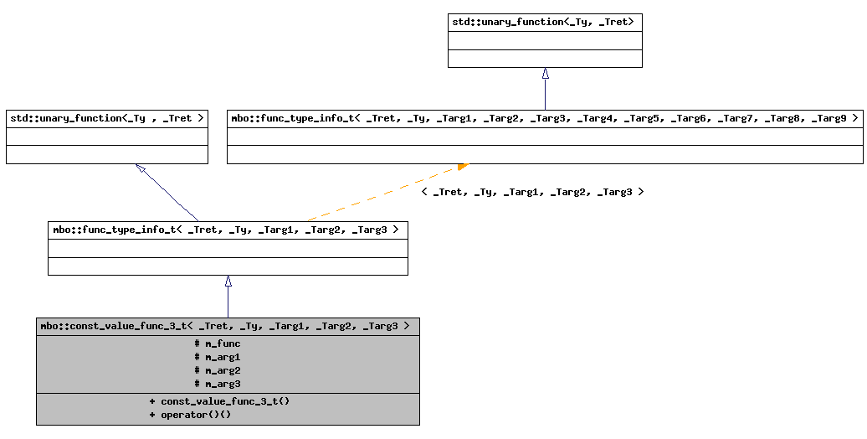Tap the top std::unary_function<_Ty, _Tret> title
545,22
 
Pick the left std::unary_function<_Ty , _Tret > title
106,119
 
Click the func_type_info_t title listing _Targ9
545,119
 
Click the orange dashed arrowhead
463,167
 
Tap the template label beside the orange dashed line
532,192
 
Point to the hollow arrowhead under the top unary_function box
545,74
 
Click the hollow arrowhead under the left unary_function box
141,168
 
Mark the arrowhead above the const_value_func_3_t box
228,281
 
